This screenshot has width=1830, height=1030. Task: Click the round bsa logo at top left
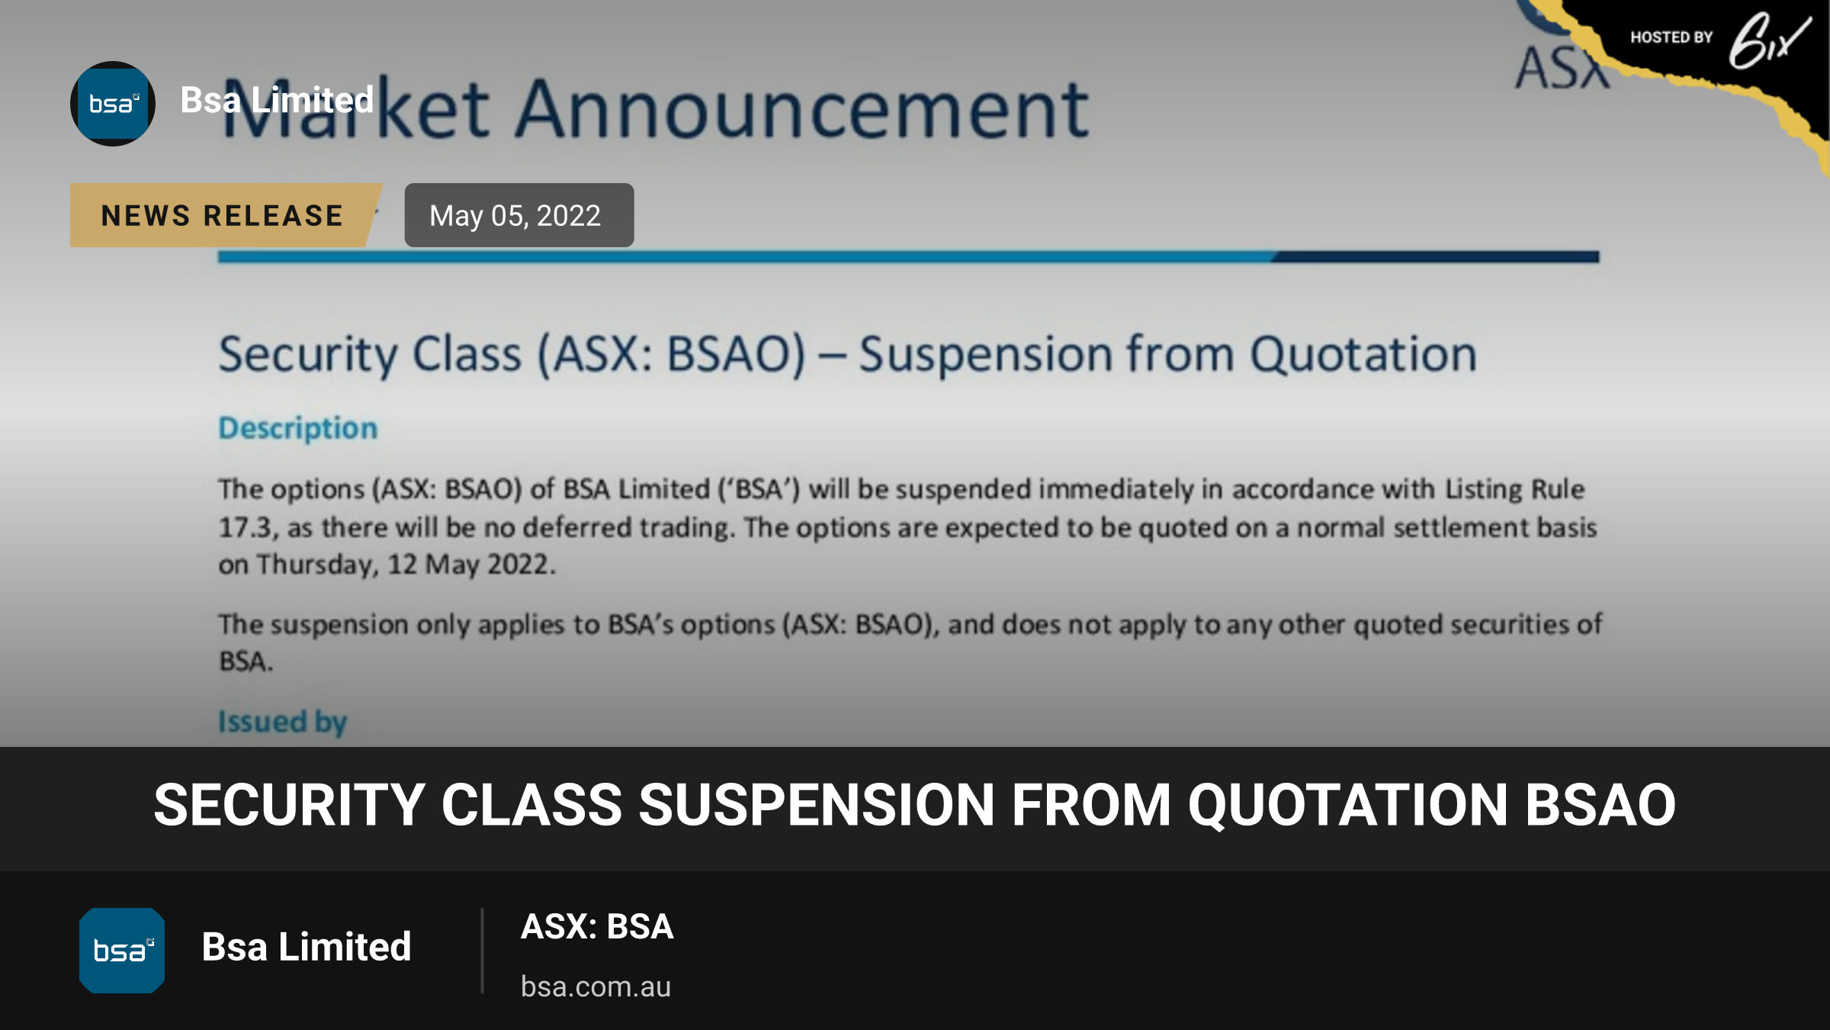tap(113, 104)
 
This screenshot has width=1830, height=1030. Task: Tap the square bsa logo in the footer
tap(122, 951)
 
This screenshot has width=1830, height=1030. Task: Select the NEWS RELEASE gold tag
tap(223, 215)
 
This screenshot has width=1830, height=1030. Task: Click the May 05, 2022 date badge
tap(519, 215)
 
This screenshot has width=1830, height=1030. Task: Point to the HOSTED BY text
tap(1671, 37)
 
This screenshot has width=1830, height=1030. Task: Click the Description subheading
tap(298, 428)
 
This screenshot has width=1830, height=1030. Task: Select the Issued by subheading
tap(283, 722)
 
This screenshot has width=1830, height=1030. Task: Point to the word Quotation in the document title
tap(1363, 355)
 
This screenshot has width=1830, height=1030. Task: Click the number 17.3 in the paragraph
tap(245, 528)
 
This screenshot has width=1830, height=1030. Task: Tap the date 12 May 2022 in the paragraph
tap(469, 565)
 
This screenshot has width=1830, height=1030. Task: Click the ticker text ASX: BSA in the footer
tap(597, 926)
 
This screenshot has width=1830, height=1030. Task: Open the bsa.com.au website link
tap(596, 987)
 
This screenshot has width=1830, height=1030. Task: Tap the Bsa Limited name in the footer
tap(307, 947)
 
